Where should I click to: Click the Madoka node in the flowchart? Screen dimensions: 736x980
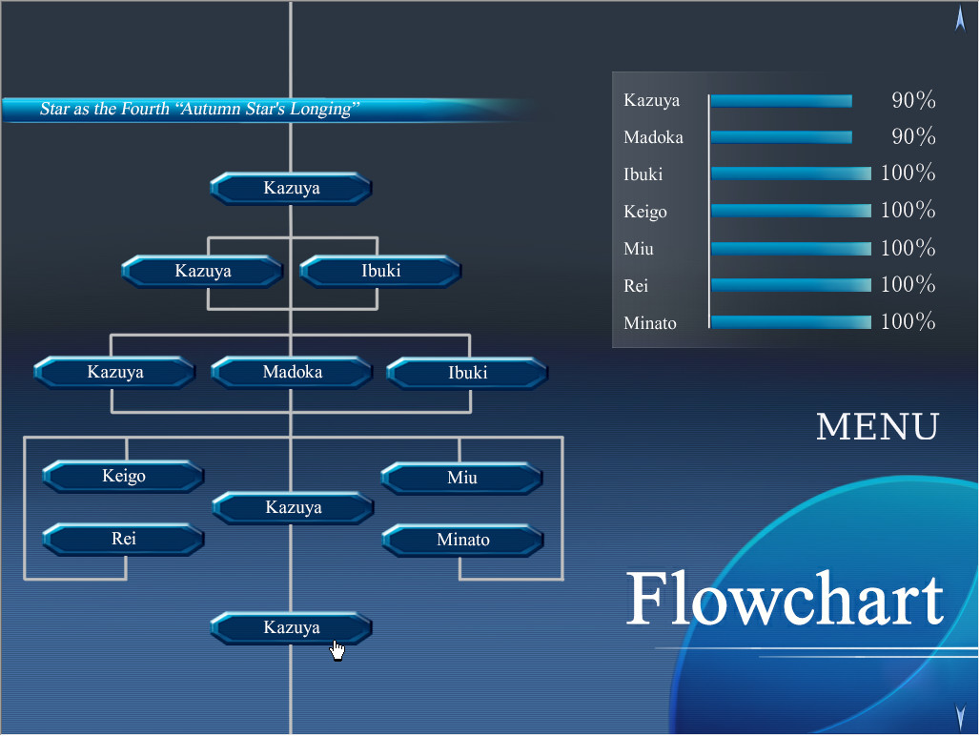tap(292, 373)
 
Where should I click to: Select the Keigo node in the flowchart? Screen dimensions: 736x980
tap(124, 476)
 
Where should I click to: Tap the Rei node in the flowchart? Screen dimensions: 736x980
tap(124, 540)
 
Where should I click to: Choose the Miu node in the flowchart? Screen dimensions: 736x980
tap(462, 478)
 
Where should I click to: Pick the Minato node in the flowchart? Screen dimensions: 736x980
tap(463, 541)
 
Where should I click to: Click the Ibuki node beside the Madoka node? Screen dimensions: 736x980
tap(467, 373)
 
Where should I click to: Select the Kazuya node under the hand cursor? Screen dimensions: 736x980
tap(292, 628)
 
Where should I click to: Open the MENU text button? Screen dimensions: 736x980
tap(877, 427)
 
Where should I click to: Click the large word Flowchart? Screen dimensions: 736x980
tap(785, 599)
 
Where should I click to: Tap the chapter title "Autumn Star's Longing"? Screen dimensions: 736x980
tap(199, 110)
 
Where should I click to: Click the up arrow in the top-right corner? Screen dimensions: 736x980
tap(960, 18)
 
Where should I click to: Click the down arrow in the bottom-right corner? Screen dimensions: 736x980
tap(960, 712)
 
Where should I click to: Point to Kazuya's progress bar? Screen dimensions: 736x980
tap(782, 101)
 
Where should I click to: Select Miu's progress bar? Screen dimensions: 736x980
tap(791, 249)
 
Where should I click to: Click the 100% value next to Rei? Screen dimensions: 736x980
tap(908, 285)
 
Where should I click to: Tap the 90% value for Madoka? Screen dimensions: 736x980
tap(913, 137)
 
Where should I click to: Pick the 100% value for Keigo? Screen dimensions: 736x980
tap(908, 211)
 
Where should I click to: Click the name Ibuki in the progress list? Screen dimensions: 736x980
tap(643, 174)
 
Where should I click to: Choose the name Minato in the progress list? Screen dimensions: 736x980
tap(650, 323)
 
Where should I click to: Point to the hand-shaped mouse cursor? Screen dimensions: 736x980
tap(337, 649)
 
